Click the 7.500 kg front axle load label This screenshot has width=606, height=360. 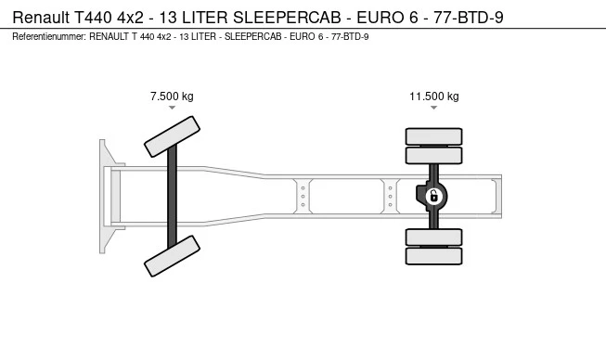pyautogui.click(x=172, y=96)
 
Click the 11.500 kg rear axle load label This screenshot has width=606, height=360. pyautogui.click(x=434, y=96)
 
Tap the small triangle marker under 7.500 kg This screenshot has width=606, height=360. pyautogui.click(x=172, y=108)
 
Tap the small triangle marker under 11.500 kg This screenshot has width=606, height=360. pyautogui.click(x=434, y=108)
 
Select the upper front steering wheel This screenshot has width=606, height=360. pyautogui.click(x=172, y=136)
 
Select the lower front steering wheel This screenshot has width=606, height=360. pyautogui.click(x=172, y=256)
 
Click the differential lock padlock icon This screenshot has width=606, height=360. pyautogui.click(x=433, y=196)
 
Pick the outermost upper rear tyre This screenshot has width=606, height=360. pyautogui.click(x=433, y=136)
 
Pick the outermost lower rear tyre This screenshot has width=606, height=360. pyautogui.click(x=433, y=256)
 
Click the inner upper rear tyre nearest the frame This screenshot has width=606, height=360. pyautogui.click(x=433, y=156)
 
